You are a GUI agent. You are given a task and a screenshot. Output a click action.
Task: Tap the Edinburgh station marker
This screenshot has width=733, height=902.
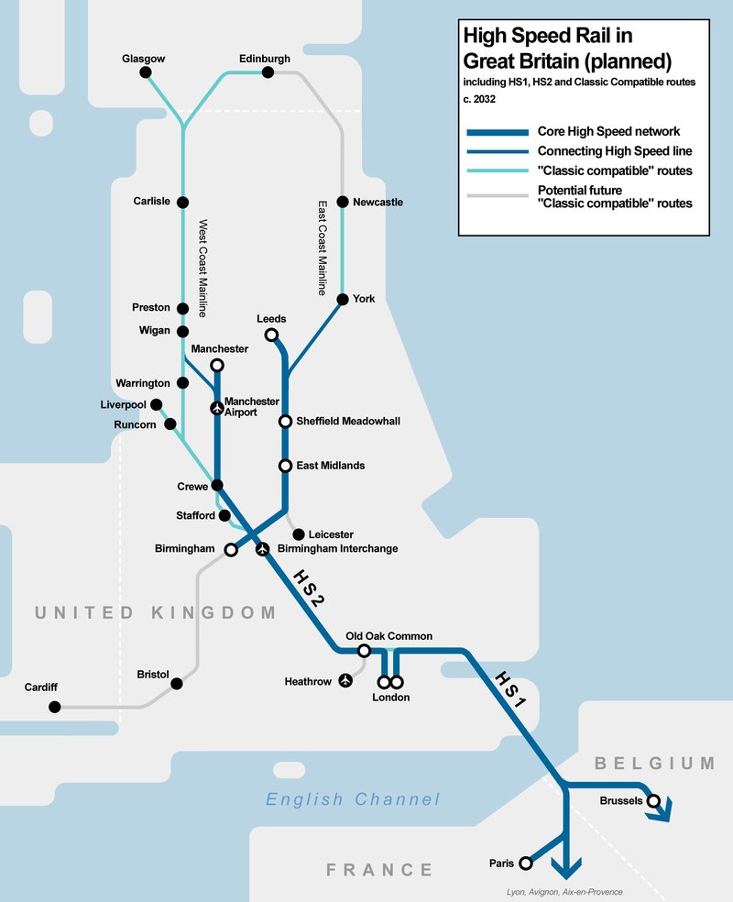pos(268,72)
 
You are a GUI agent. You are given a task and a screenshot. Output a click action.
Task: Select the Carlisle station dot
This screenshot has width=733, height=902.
pos(182,202)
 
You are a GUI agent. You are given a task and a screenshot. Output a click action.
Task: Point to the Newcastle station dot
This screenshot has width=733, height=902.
pos(343,202)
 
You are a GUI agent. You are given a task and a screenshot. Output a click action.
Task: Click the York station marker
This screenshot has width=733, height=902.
pos(343,299)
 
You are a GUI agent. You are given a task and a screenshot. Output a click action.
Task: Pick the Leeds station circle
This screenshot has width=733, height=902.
pos(271,335)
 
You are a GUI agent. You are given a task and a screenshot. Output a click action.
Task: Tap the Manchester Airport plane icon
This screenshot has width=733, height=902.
pos(216,408)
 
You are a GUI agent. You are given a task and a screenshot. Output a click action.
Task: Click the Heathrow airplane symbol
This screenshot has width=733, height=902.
pos(345,681)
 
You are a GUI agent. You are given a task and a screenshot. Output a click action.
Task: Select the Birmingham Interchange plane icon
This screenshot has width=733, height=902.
pos(263,549)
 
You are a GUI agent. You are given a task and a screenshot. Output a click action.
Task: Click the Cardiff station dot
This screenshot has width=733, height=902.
pos(55,707)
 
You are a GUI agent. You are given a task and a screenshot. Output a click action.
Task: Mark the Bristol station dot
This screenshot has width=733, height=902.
pos(177,683)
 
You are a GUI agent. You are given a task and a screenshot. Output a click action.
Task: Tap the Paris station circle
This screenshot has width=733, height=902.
pos(525,863)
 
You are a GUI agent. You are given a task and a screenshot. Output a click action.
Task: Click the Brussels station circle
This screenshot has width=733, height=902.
pos(653,801)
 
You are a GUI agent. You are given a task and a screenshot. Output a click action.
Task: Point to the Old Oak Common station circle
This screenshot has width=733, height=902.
pos(364,651)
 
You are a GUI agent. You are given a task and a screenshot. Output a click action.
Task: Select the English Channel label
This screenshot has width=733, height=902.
pos(353,799)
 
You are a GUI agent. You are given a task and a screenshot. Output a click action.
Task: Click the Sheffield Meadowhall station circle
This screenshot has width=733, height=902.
pos(286,422)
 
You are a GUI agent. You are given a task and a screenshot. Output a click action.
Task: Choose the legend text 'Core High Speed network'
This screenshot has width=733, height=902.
pos(608,132)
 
